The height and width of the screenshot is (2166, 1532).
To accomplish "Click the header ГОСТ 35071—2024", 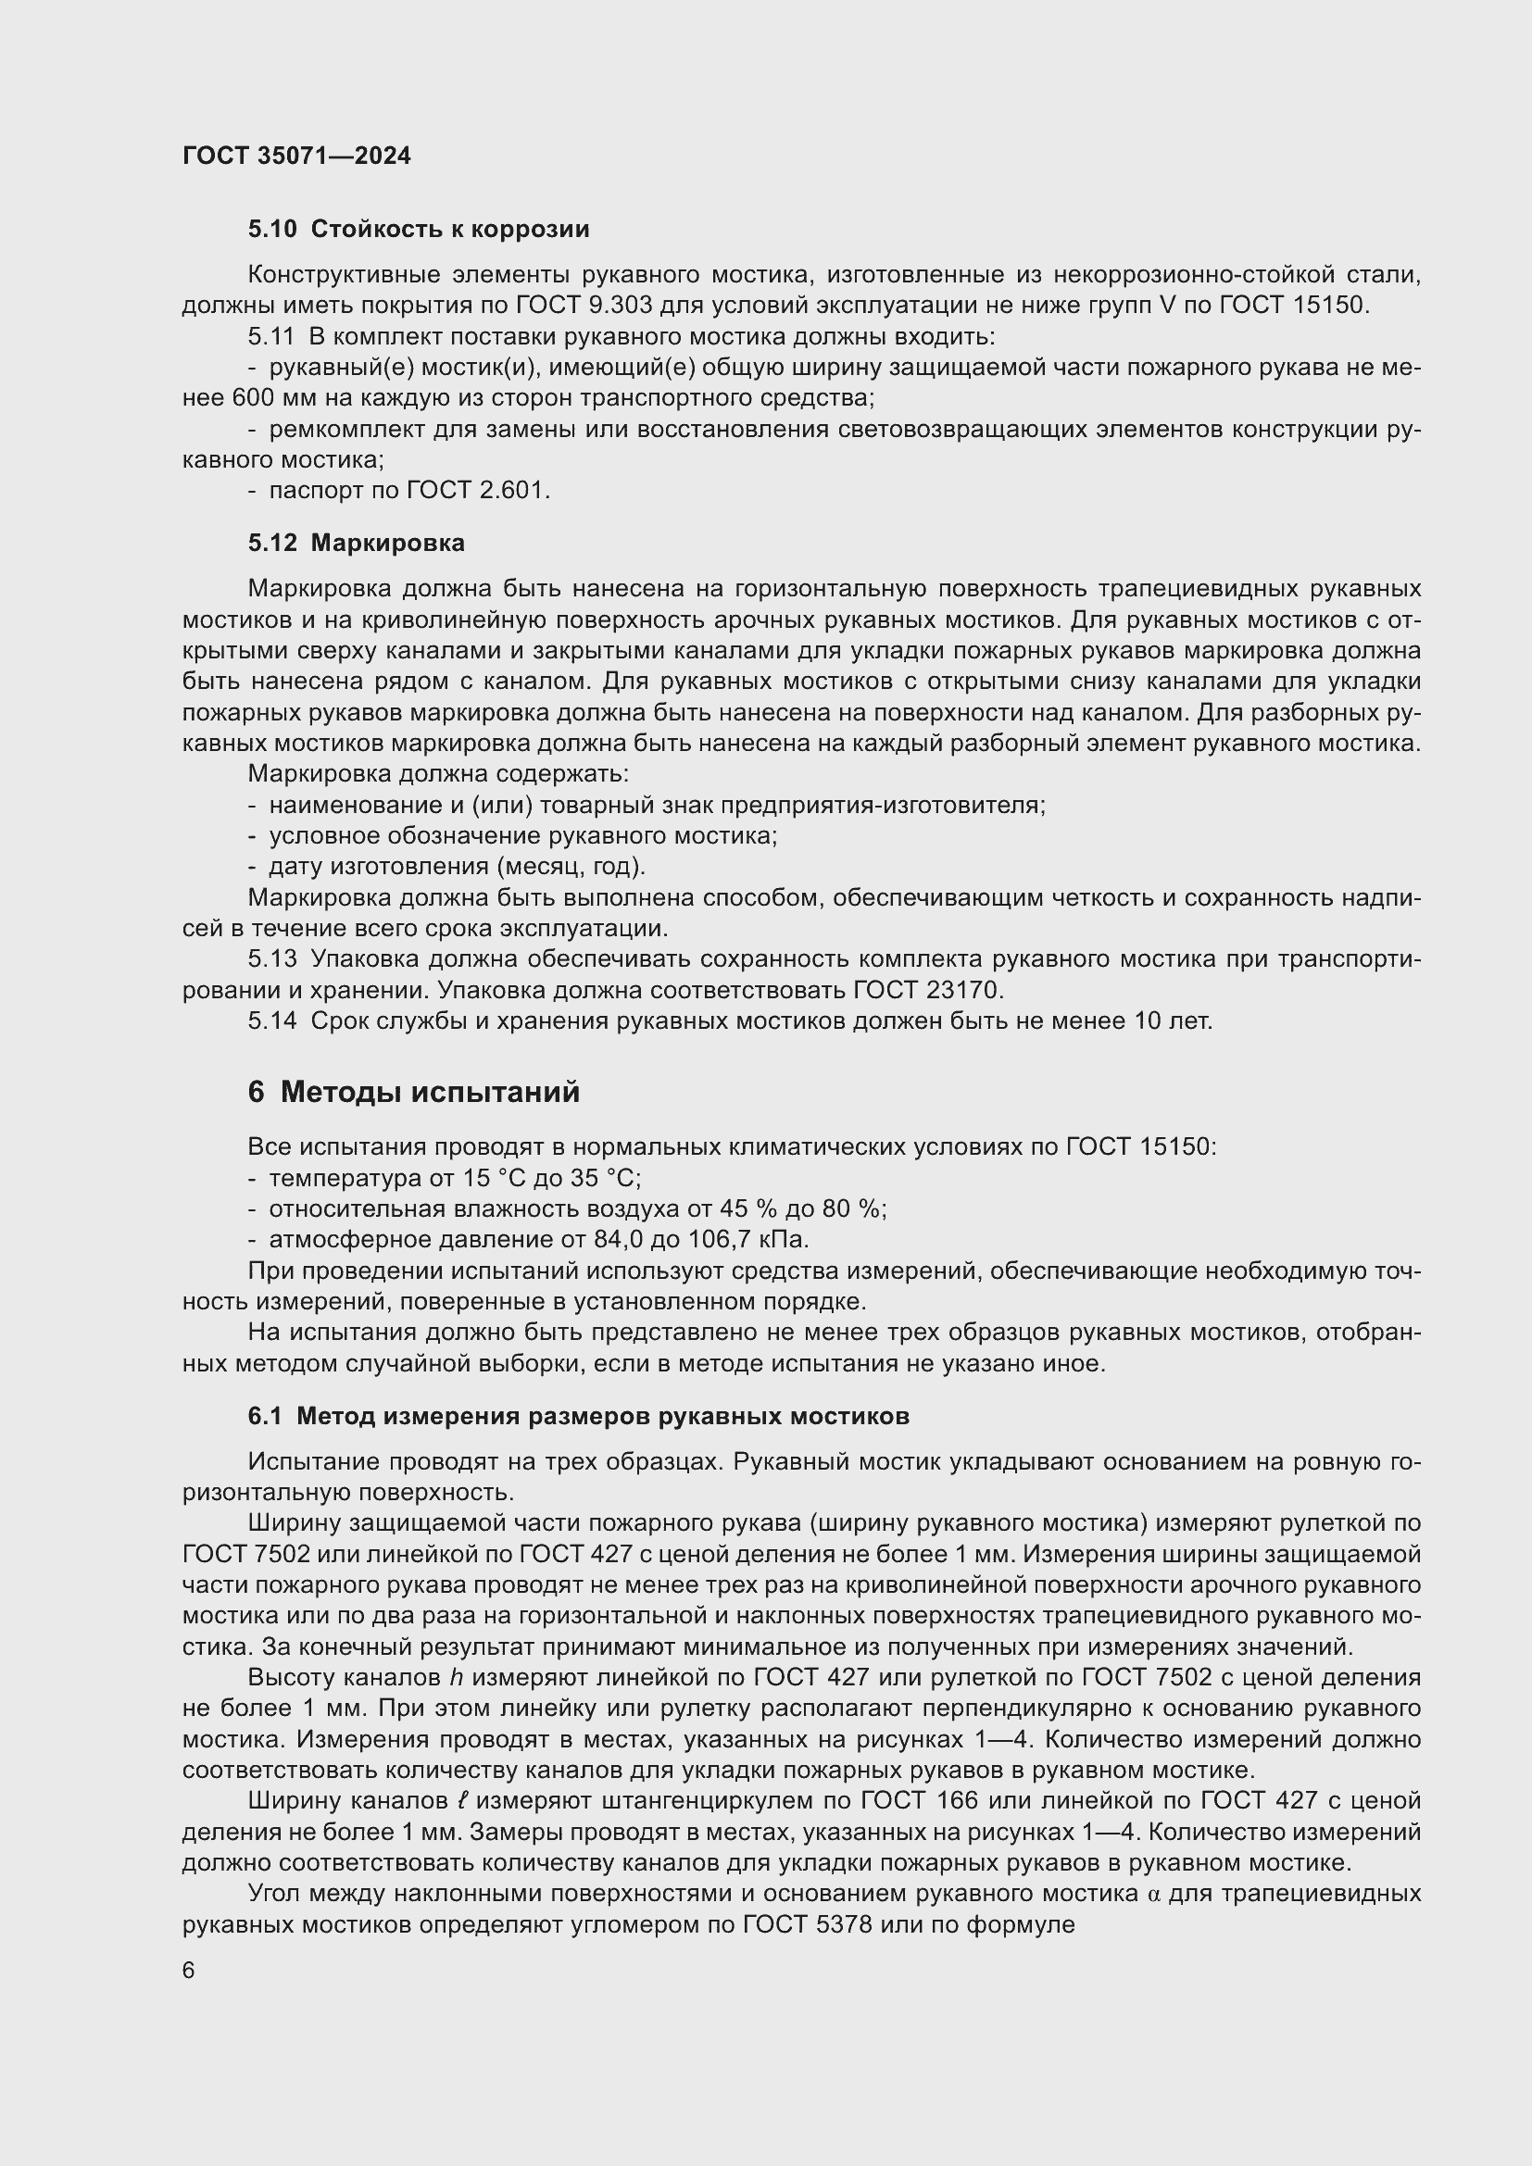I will (x=296, y=156).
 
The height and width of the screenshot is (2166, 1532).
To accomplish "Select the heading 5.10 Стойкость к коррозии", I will (x=419, y=230).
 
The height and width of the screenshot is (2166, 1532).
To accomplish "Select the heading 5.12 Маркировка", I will (x=357, y=544).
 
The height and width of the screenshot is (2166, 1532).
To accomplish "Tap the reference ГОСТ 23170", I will (x=928, y=991).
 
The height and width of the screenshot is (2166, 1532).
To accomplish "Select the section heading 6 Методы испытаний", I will (x=414, y=1093).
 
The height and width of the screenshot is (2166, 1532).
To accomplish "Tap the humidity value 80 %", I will (x=853, y=1209).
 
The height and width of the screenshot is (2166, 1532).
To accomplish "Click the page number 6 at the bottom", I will (x=189, y=1972).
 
